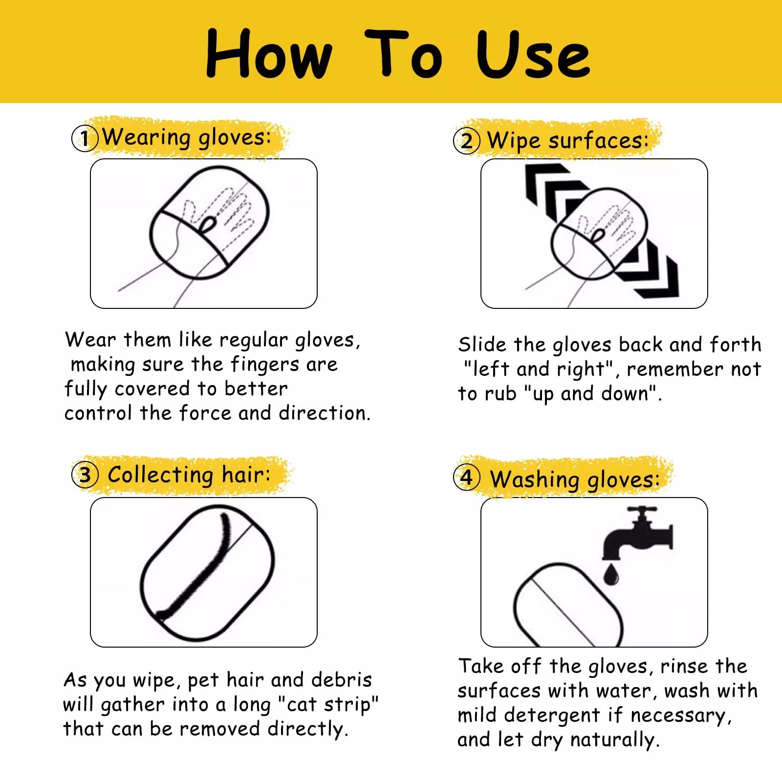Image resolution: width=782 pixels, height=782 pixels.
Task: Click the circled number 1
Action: [x=85, y=138]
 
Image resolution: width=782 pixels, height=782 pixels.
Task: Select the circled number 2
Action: [x=467, y=141]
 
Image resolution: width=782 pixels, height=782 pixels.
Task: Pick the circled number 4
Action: [x=467, y=478]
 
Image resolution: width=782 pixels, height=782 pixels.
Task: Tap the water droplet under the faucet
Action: [x=611, y=574]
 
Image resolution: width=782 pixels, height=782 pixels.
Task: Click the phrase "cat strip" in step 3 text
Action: [x=328, y=705]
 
